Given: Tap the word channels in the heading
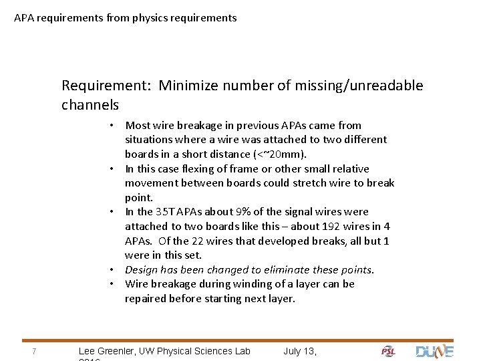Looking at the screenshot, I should click(x=90, y=105).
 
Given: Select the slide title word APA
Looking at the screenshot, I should click(x=24, y=18).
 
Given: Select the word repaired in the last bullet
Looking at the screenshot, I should click(x=147, y=299).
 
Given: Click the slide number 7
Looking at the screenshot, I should click(x=33, y=352).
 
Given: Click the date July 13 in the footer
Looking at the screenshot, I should click(x=299, y=351).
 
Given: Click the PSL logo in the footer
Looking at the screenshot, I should click(x=388, y=352).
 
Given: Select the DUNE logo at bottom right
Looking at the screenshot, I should click(x=434, y=351).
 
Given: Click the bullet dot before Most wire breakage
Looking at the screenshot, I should click(x=114, y=126).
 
